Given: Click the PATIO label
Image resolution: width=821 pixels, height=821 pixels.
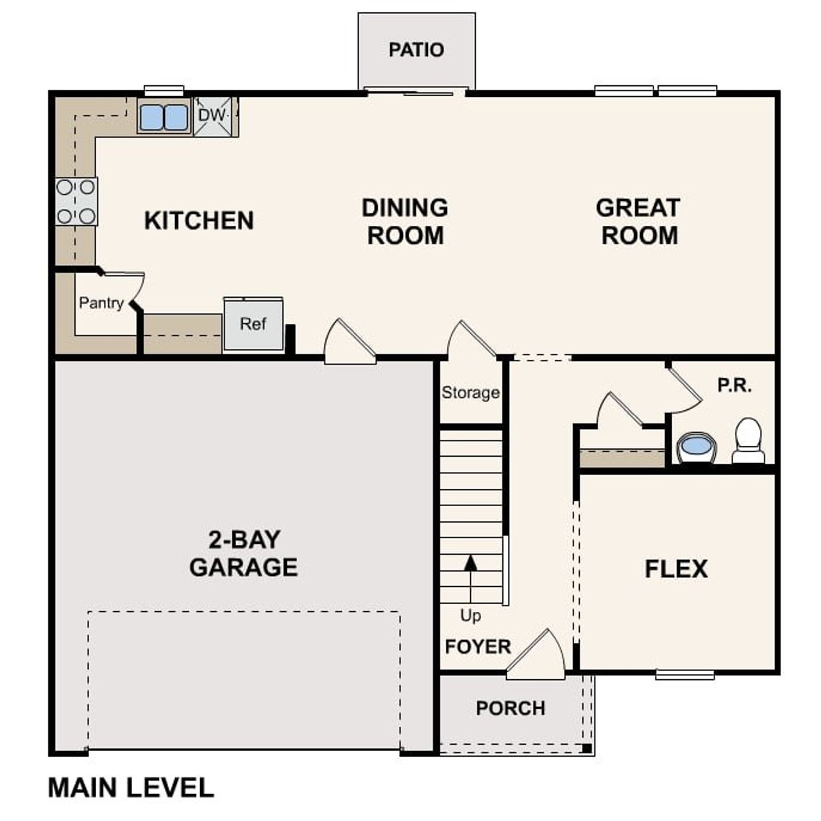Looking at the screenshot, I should (416, 49).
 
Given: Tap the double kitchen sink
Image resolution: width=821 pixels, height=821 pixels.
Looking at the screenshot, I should (164, 117).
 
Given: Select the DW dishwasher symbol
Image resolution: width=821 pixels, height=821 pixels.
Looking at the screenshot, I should (213, 116).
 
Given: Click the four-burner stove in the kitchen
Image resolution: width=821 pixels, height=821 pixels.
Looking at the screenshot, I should (76, 201).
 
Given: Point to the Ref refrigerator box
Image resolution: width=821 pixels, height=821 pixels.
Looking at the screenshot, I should (253, 325).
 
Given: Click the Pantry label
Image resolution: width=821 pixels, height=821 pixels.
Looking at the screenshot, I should (101, 303).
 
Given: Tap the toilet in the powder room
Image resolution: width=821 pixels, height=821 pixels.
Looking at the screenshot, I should (748, 441).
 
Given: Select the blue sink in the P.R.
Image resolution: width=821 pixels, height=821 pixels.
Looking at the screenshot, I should (696, 446).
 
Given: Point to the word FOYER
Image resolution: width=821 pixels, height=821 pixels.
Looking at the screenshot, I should (478, 647).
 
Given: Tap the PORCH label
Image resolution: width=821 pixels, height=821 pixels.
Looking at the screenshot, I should (511, 708).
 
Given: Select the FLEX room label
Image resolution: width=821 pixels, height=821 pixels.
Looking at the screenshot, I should (676, 569).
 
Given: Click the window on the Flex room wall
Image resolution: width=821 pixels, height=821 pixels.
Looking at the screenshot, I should (685, 674).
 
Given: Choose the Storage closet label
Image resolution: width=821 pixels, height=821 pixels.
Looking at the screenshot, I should (470, 393).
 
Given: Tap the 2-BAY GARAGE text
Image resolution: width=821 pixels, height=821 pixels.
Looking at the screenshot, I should (244, 554).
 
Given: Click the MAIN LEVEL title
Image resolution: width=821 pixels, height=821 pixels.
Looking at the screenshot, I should (131, 788).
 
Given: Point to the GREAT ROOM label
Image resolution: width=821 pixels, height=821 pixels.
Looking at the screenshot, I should (639, 221).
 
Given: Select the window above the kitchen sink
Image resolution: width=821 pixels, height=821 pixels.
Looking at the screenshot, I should (164, 90).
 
